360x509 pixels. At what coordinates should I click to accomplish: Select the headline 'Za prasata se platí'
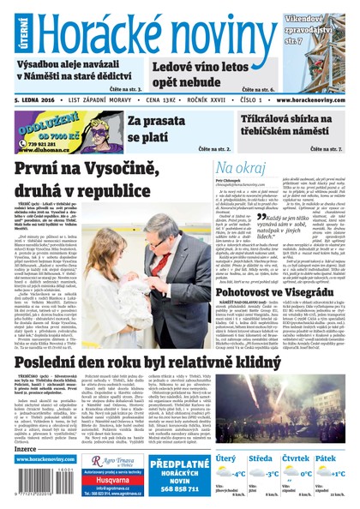[156, 129]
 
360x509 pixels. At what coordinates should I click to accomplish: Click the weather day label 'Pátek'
[327, 458]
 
